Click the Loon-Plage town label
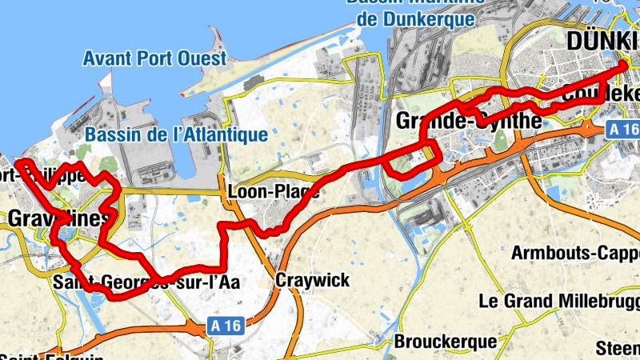[x=274, y=193]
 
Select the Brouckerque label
[x=445, y=342]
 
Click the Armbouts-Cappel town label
[x=575, y=253]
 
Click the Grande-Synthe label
[x=469, y=121]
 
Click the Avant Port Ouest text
[x=154, y=58]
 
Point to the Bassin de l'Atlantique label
[x=176, y=134]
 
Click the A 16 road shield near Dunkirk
[x=622, y=128]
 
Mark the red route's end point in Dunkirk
[x=624, y=64]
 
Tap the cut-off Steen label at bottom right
[x=618, y=348]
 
